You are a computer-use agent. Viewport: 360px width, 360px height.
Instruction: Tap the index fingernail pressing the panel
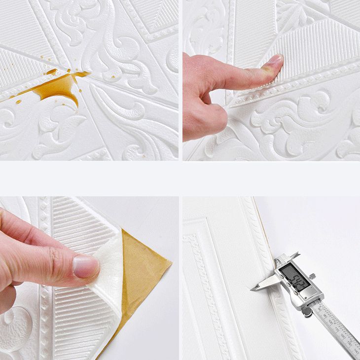(x=274, y=63)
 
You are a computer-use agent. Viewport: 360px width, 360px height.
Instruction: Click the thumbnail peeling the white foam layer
(x=85, y=267)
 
